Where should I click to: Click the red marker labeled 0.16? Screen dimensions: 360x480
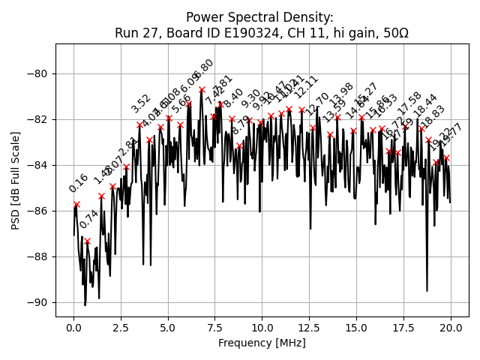76,204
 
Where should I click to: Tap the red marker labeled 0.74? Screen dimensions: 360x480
87,241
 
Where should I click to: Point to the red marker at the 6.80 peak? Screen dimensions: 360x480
202,90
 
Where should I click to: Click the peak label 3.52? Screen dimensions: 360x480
141,104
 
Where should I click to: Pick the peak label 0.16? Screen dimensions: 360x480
78,184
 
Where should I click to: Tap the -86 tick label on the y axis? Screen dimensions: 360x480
39,211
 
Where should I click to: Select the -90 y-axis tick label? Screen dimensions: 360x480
39,302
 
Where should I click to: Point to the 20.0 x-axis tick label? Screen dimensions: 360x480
450,328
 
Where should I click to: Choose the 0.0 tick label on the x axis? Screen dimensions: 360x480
73,328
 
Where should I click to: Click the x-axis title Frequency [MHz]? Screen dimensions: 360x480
262,343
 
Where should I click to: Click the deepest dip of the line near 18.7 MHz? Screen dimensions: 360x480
427,290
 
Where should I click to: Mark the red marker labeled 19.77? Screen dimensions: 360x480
446,158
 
